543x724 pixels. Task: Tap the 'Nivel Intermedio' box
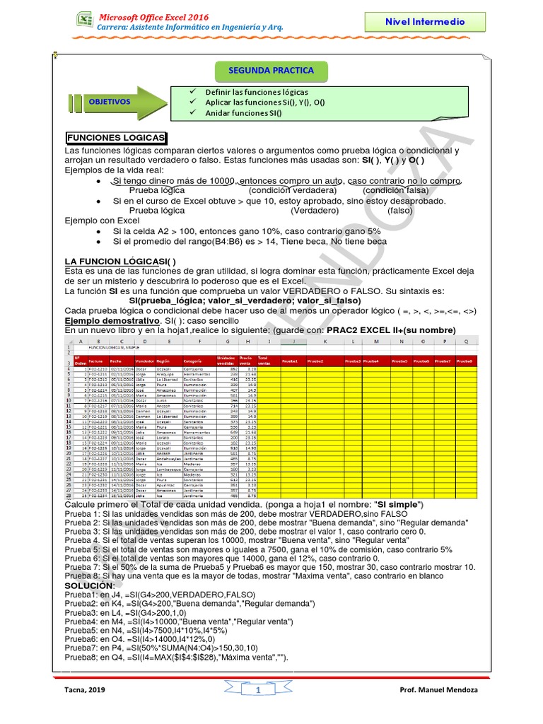click(425, 22)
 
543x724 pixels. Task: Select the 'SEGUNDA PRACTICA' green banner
click(271, 71)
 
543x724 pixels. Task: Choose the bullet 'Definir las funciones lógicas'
click(256, 93)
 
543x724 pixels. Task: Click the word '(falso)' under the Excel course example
click(399, 210)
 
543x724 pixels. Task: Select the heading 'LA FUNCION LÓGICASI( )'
click(120, 261)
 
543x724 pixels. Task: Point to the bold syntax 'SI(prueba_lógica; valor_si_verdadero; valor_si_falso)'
click(245, 300)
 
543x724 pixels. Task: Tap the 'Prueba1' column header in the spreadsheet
click(290, 361)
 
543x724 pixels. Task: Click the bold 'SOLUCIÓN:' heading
click(88, 586)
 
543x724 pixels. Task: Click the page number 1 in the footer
click(259, 689)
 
